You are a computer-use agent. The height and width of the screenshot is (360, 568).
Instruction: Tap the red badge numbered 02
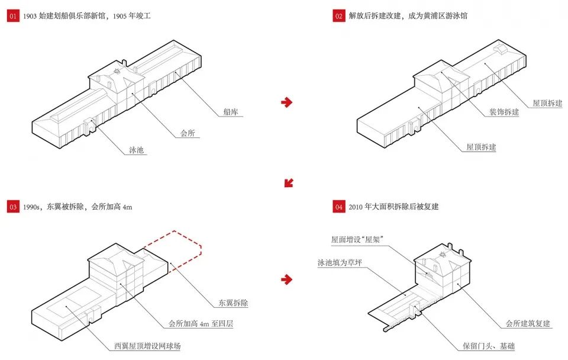[339, 16]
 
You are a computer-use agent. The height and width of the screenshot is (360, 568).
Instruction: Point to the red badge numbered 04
[339, 207]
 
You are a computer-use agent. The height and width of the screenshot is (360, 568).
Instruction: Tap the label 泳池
[136, 150]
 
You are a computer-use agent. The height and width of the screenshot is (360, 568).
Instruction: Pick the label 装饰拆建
[504, 112]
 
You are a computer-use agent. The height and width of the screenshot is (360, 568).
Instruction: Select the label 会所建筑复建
[528, 324]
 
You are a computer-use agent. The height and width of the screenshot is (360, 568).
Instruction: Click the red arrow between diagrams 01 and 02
[287, 102]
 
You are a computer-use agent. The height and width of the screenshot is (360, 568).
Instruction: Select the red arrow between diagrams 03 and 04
[287, 279]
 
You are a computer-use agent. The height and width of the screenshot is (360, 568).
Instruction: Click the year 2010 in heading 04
[357, 207]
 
